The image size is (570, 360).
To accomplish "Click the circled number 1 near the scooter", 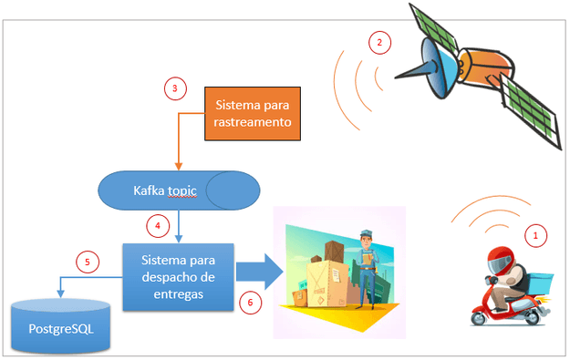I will point(537,235).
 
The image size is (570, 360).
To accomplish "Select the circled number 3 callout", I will point(174,88).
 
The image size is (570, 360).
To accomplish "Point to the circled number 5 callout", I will point(88,262).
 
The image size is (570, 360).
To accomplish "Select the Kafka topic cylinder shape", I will point(178,190).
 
